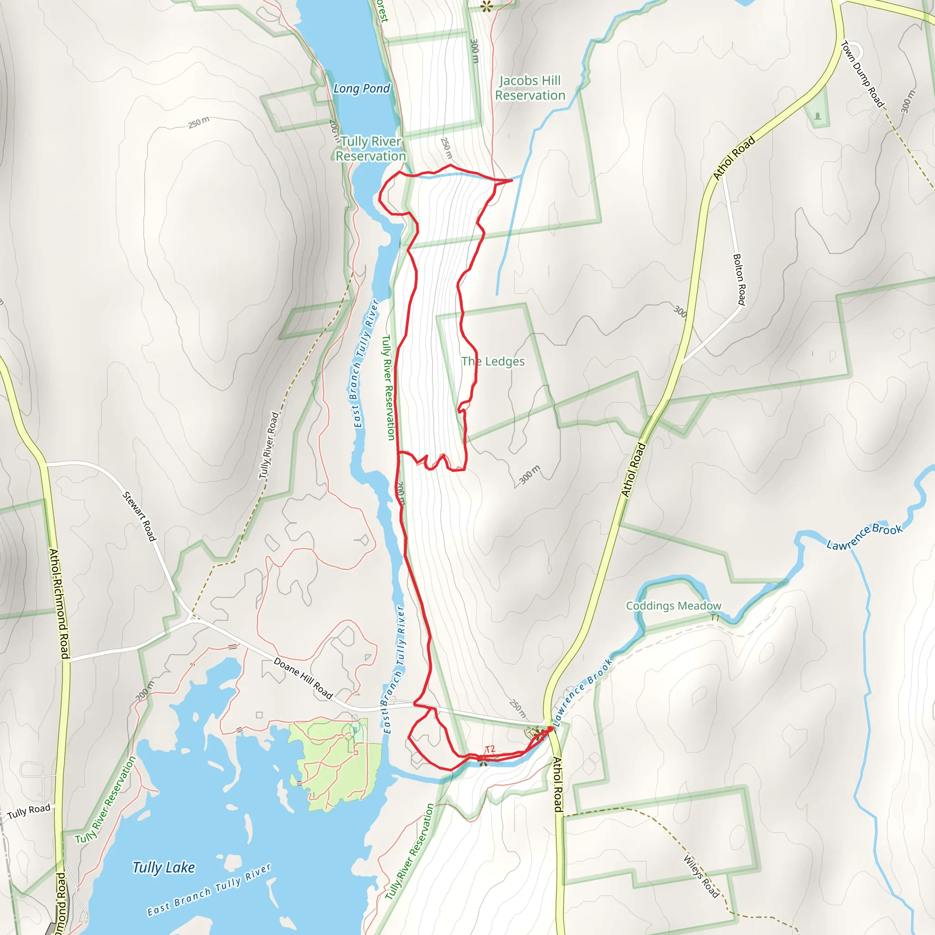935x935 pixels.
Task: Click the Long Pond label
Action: tap(362, 89)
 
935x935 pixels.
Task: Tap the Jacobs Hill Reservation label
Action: tap(530, 88)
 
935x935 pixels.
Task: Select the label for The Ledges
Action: tap(493, 362)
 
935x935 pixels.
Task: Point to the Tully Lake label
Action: tap(163, 867)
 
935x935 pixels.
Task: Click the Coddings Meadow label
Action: tap(673, 606)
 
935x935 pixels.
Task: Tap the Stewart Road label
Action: tap(139, 516)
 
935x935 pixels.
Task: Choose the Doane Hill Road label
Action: tap(304, 678)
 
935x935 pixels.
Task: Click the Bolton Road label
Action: tap(740, 279)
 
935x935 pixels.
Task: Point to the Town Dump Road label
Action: tap(863, 74)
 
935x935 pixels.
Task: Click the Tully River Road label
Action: tap(269, 445)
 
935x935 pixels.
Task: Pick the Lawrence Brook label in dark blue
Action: tap(864, 537)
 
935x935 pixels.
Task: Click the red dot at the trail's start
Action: tap(550, 729)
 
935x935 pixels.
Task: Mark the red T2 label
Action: tap(490, 749)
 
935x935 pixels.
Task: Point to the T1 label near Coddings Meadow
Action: tap(715, 618)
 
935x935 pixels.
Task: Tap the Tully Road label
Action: tap(29, 812)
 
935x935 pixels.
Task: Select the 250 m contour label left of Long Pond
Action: tap(199, 122)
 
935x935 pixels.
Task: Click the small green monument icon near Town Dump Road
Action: tap(818, 116)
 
